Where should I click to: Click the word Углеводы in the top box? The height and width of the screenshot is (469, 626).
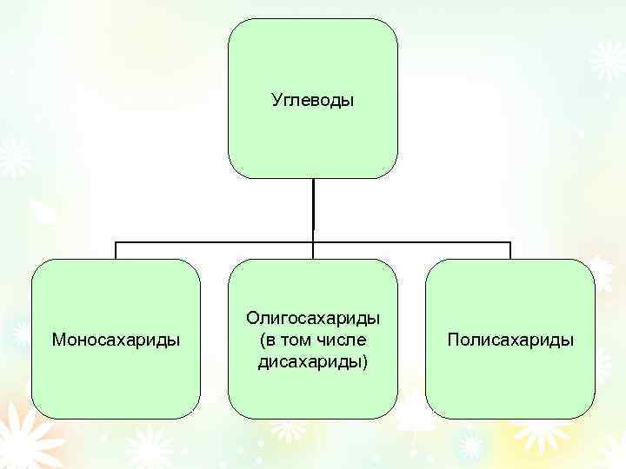[x=313, y=102]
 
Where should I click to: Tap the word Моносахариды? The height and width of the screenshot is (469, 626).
[x=117, y=339]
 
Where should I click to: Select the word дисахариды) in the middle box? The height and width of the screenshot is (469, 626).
[x=313, y=360]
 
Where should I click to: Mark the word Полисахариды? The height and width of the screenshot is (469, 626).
[x=510, y=339]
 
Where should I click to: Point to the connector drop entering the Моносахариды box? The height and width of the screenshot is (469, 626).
[x=117, y=251]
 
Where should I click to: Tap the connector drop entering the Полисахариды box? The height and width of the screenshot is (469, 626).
[x=510, y=251]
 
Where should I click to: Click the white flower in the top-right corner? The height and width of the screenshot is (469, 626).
[x=606, y=61]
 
